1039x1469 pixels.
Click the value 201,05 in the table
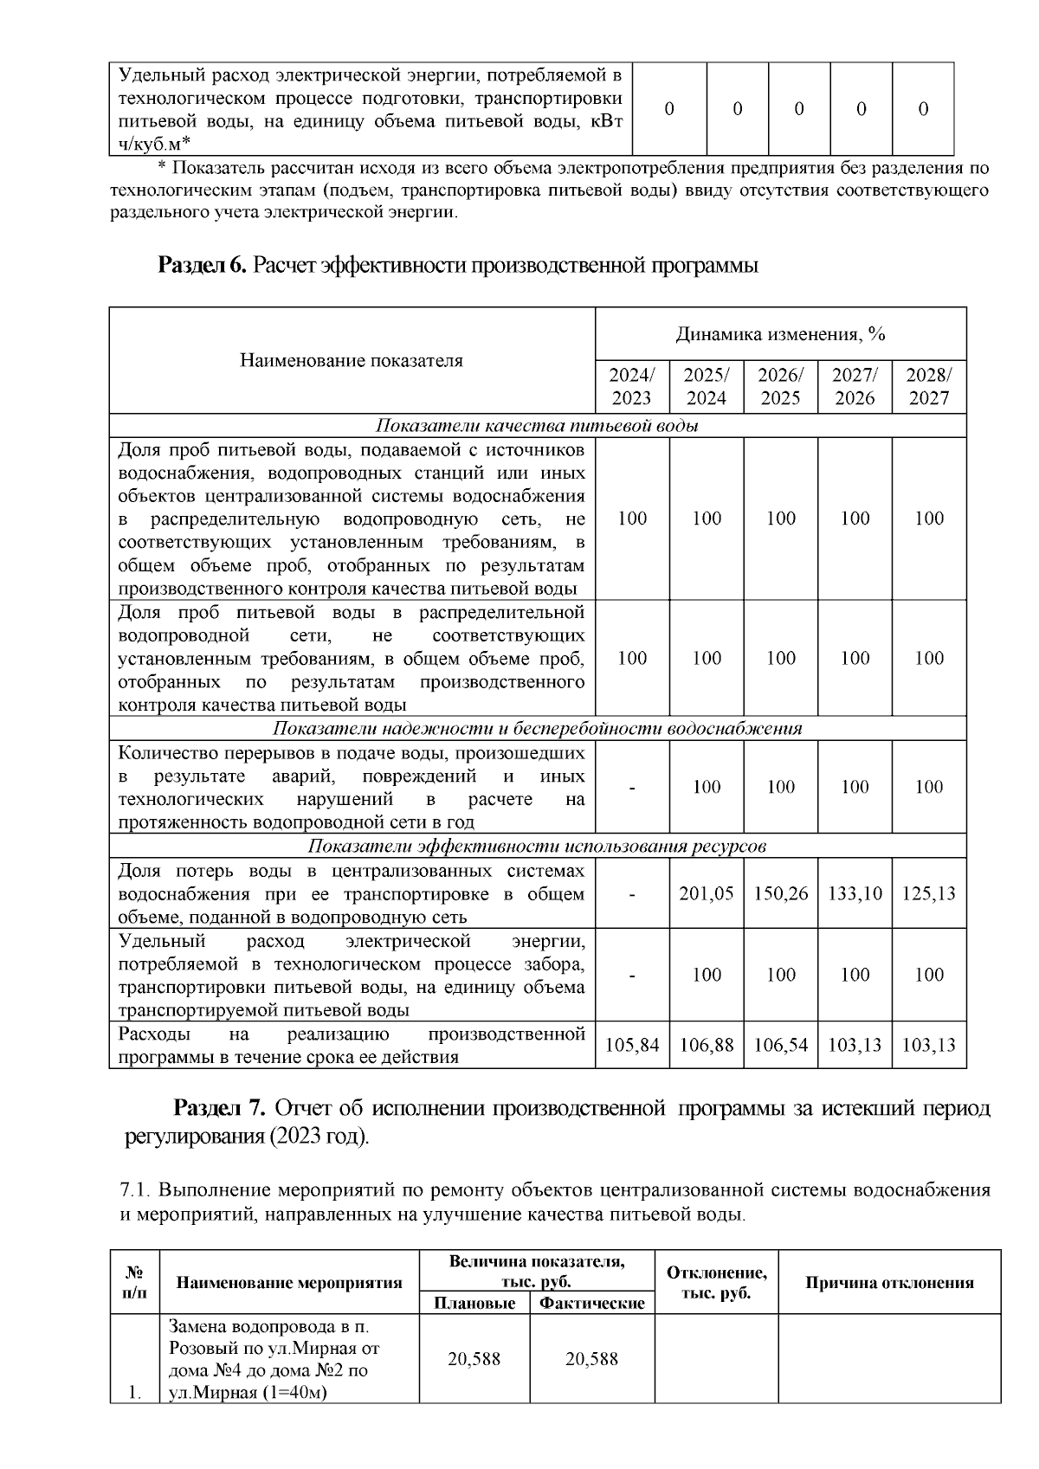[707, 893]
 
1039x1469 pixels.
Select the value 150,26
[781, 893]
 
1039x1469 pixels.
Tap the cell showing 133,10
[855, 893]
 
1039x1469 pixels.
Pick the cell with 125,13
[929, 893]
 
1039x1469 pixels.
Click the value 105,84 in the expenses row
[632, 1045]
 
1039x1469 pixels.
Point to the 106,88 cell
[707, 1045]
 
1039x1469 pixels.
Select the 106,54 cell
[781, 1045]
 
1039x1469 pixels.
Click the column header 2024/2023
[632, 387]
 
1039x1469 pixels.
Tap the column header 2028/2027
[929, 387]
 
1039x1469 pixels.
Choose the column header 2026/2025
[781, 387]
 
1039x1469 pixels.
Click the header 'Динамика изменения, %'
[780, 334]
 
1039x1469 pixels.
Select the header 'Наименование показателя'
[352, 361]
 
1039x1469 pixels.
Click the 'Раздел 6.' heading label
[203, 266]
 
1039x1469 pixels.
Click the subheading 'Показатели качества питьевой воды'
[537, 426]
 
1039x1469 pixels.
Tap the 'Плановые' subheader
[474, 1303]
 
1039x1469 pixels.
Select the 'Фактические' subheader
[592, 1303]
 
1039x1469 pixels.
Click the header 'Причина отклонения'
[889, 1283]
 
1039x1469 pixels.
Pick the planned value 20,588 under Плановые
[474, 1359]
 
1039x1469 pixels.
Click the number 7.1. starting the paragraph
[135, 1190]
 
